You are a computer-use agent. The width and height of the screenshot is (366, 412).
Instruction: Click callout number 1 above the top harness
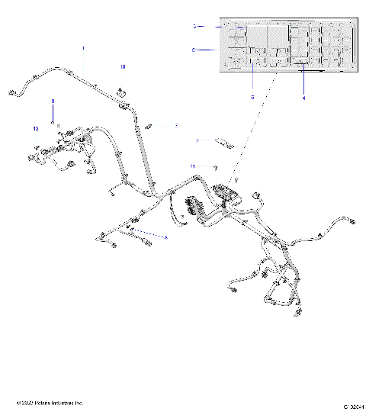coord(83,48)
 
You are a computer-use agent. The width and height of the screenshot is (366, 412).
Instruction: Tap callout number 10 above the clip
coord(122,67)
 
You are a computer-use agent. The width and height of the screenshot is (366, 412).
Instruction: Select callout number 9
coord(53,101)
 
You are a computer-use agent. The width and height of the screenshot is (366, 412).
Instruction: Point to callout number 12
coord(36,129)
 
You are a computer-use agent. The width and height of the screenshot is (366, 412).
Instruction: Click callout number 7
coord(175,125)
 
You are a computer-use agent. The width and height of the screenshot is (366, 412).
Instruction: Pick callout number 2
coord(197,140)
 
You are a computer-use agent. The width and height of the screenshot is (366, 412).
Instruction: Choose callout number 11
coord(193,166)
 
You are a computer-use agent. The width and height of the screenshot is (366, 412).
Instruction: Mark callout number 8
coord(165,238)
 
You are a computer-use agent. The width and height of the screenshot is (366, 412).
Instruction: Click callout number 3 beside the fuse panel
coord(195,26)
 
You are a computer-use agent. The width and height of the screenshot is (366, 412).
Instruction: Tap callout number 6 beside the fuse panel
coord(194,50)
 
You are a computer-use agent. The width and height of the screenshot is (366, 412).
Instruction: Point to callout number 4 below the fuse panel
coord(303,98)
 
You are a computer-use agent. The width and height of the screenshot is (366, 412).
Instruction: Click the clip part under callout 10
coord(120,95)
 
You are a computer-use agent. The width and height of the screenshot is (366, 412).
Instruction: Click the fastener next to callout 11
coord(216,166)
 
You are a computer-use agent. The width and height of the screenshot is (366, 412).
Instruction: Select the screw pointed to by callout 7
coord(152,125)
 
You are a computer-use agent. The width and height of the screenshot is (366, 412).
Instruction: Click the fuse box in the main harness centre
coord(227,192)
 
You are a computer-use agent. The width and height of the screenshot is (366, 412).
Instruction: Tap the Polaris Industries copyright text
coord(50,402)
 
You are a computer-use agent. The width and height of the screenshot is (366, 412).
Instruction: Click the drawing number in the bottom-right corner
coord(352,405)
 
